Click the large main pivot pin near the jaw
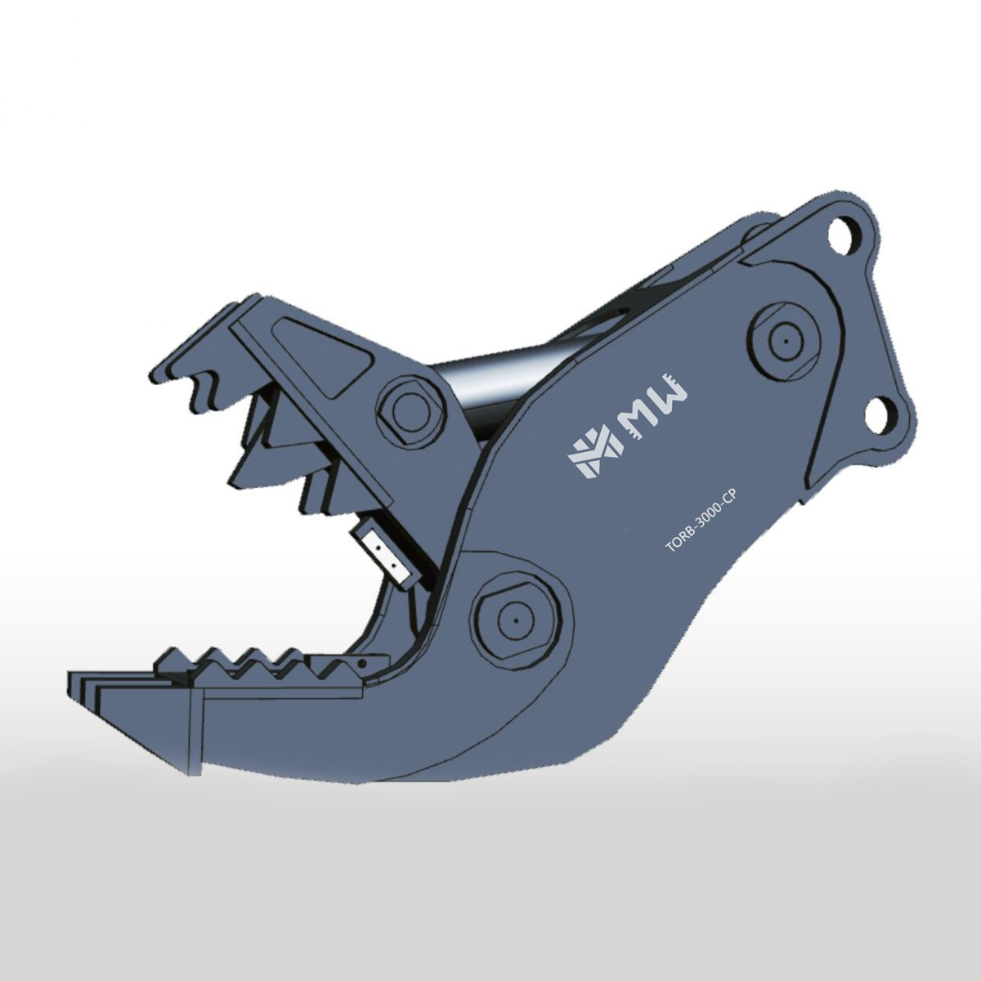pyautogui.click(x=515, y=621)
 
